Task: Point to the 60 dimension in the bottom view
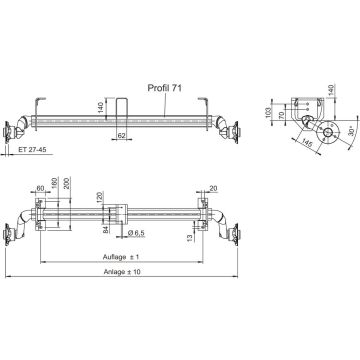click(66, 187)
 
